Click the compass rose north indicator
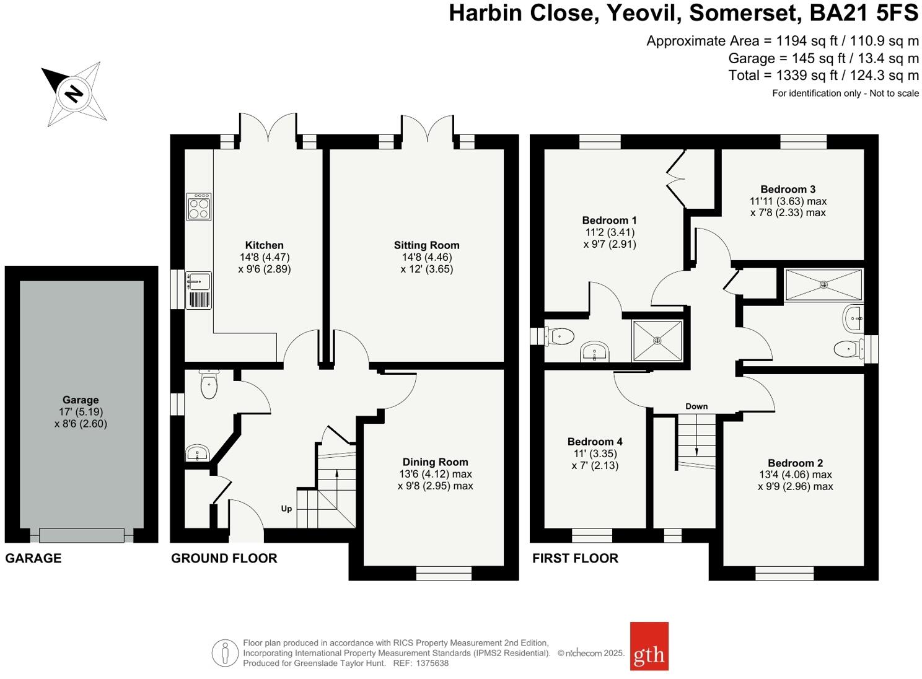tap(74, 94)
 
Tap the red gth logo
tap(649, 646)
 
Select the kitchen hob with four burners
tap(199, 207)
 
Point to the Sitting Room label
tap(426, 245)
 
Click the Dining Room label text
tap(435, 462)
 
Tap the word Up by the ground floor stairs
tap(286, 509)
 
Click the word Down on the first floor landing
tap(696, 406)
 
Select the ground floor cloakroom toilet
tap(209, 384)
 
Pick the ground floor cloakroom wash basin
tap(198, 453)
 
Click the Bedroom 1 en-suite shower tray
tap(657, 340)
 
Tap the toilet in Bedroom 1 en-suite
tap(559, 336)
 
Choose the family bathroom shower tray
tap(823, 284)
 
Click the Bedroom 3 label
tap(788, 190)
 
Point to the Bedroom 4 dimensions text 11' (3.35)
tap(594, 453)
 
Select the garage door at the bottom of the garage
tap(81, 535)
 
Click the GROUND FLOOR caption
tap(224, 558)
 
